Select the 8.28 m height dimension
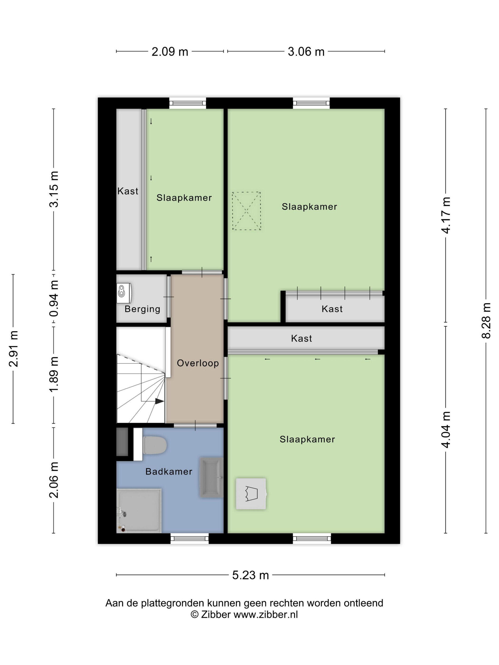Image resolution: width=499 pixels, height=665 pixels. (x=486, y=320)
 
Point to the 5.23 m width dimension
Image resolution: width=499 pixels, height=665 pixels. (x=250, y=575)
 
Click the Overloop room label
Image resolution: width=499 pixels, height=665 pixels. (x=198, y=363)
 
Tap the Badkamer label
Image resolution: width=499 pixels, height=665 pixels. (x=169, y=471)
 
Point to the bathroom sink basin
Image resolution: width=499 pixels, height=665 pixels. (x=211, y=477)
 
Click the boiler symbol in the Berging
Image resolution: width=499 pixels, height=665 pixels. (x=124, y=292)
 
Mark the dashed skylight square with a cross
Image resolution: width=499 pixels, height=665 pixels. (x=246, y=211)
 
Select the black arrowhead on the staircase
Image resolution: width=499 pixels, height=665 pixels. (x=159, y=401)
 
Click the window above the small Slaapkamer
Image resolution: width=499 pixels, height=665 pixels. (x=188, y=103)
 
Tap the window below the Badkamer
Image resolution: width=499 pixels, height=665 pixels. (x=189, y=538)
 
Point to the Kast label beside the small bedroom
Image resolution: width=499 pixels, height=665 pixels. (x=128, y=191)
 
